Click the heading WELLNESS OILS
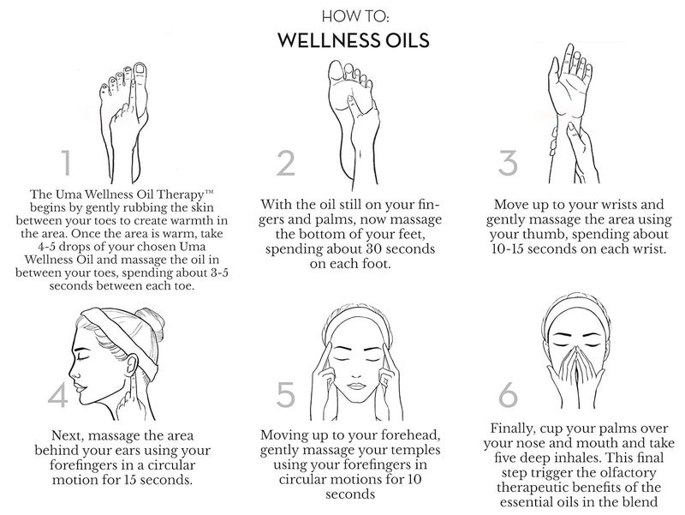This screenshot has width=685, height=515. point(342,40)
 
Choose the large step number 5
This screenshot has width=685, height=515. point(286,395)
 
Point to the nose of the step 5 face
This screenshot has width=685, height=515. point(362,370)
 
